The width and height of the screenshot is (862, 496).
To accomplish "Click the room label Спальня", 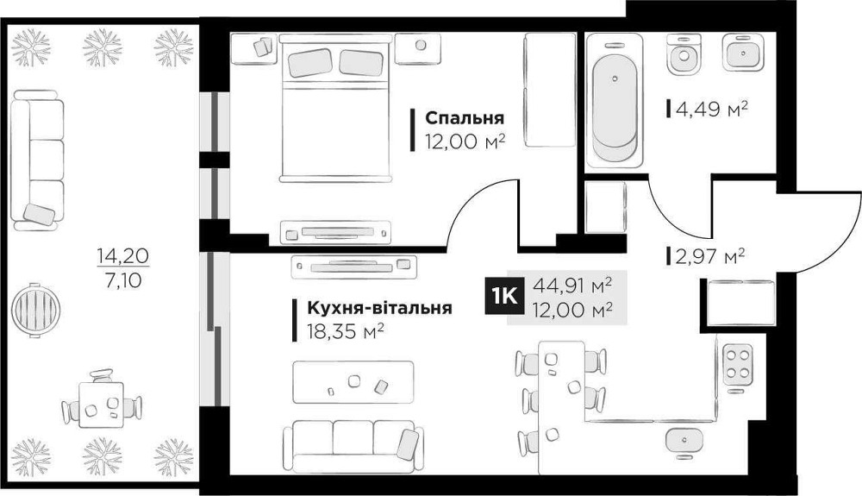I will pyautogui.click(x=465, y=119).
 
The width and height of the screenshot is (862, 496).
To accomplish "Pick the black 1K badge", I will pyautogui.click(x=503, y=295).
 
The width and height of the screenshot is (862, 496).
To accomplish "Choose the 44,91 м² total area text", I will pyautogui.click(x=572, y=285).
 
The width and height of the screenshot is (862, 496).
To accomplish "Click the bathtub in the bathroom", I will pyautogui.click(x=614, y=100).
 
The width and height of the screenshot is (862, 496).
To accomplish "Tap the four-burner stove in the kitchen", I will pyautogui.click(x=737, y=366).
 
